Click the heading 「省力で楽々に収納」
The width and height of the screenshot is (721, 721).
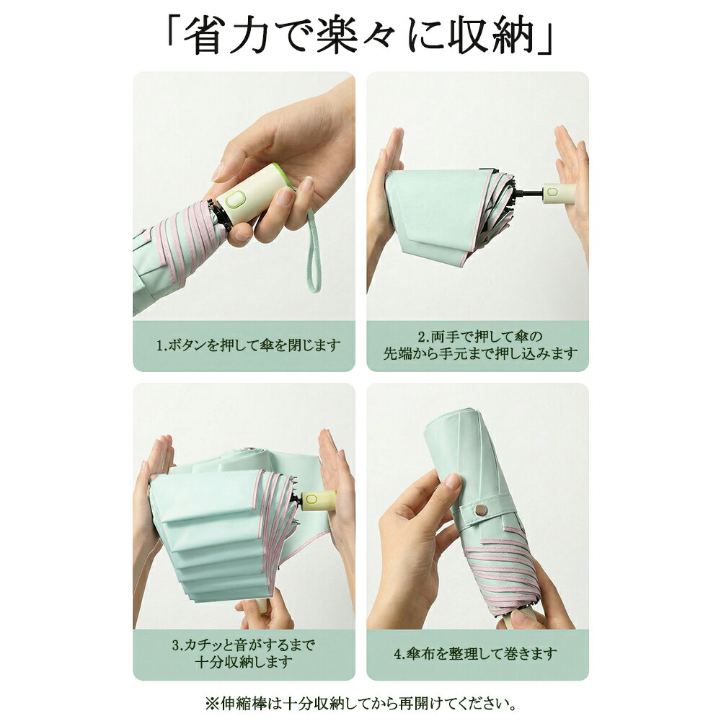pyautogui.click(x=360, y=36)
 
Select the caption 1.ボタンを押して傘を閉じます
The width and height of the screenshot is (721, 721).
pyautogui.click(x=248, y=345)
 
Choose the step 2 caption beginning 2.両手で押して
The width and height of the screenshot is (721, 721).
pyautogui.click(x=480, y=345)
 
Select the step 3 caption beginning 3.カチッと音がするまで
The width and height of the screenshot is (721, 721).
pyautogui.click(x=244, y=653)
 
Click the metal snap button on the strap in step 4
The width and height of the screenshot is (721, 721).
pyautogui.click(x=481, y=510)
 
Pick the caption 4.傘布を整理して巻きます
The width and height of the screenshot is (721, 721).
pyautogui.click(x=475, y=653)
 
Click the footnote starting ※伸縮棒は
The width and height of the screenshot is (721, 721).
pyautogui.click(x=360, y=703)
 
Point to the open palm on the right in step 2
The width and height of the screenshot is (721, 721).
pyautogui.click(x=571, y=180)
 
